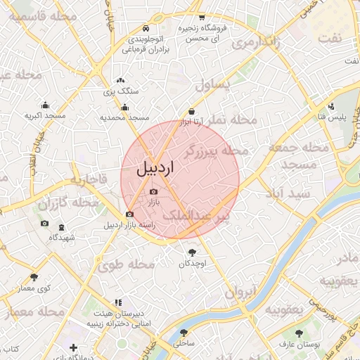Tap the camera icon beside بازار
click(154, 191)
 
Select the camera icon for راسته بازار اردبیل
click(129, 214)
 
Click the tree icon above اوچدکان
click(193, 252)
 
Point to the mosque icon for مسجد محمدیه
click(125, 107)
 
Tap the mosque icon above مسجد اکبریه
click(46, 105)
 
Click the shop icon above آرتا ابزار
click(191, 111)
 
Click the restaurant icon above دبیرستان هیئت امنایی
click(117, 302)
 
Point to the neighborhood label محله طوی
click(127, 265)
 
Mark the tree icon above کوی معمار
click(34, 276)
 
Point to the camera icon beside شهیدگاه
click(45, 224)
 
